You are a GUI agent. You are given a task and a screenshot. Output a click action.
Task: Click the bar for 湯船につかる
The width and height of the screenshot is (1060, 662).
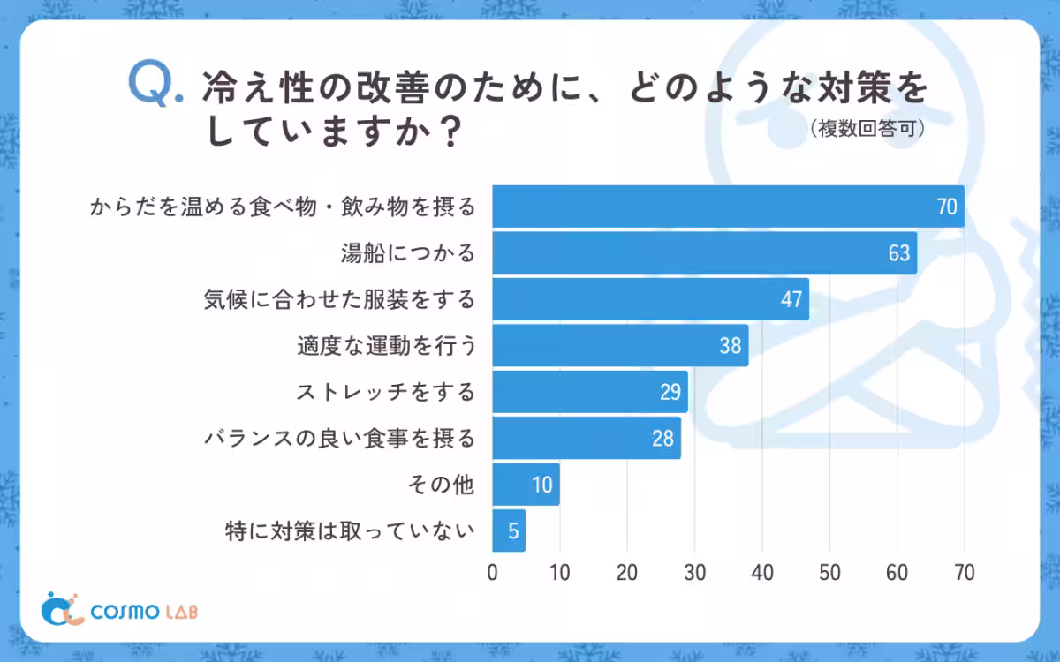(704, 252)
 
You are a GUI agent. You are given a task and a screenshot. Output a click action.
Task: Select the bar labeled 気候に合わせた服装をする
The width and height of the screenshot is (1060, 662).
(650, 299)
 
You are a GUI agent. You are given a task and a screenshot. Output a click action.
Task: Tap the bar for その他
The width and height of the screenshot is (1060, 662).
(526, 485)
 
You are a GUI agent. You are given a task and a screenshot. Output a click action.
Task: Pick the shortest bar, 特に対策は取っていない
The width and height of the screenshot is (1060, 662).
(509, 531)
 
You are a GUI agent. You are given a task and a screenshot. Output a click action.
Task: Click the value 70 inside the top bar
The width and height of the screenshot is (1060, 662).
(947, 207)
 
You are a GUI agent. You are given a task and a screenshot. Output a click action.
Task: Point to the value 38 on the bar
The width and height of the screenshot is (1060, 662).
(730, 346)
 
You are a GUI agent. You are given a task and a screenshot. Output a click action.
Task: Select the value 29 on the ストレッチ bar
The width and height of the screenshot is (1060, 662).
(670, 392)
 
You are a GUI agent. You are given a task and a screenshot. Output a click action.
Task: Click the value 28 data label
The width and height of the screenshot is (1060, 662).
(662, 439)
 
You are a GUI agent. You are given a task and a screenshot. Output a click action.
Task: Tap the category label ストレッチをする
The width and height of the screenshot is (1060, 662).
(384, 392)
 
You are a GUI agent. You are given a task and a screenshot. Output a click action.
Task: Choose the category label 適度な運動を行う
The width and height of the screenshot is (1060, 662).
(386, 346)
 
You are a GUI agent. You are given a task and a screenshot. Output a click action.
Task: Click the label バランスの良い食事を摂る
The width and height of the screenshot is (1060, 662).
(339, 439)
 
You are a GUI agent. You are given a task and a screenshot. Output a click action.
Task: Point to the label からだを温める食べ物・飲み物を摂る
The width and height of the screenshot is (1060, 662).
(283, 207)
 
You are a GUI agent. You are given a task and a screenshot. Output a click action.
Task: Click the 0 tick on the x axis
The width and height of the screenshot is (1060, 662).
(492, 572)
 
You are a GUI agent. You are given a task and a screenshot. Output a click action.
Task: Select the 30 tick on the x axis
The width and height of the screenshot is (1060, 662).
(694, 572)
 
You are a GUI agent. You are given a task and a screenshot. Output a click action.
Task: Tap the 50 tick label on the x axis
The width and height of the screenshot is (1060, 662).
(829, 572)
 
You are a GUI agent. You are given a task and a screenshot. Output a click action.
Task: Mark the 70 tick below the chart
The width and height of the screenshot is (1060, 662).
(964, 572)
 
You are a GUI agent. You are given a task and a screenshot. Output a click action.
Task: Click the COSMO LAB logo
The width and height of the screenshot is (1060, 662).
(125, 609)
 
